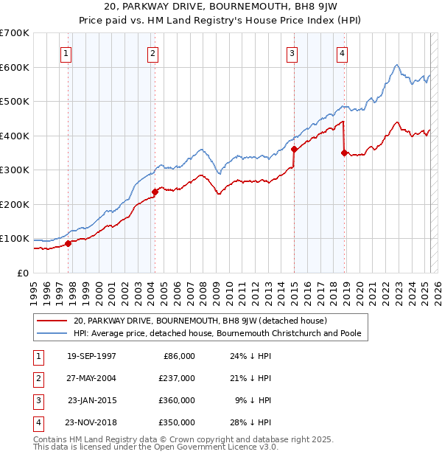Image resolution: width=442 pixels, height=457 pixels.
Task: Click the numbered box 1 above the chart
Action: tap(66, 52)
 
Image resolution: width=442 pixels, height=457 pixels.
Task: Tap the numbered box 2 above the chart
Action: tap(152, 52)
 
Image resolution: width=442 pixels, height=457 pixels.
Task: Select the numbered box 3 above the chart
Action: tap(292, 52)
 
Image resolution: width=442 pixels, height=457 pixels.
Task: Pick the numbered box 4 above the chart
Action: tap(343, 52)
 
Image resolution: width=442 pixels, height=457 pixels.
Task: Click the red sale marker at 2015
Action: tap(294, 149)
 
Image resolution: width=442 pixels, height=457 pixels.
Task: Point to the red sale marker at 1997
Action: tap(68, 243)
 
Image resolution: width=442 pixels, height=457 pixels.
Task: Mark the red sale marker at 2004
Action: tap(155, 192)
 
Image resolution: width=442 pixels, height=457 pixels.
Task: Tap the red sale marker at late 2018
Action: tap(344, 153)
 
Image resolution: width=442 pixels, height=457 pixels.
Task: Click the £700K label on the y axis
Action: tap(15, 33)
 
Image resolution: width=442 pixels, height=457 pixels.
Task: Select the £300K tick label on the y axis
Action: tap(15, 170)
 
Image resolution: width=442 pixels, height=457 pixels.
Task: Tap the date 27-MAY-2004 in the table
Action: tap(91, 378)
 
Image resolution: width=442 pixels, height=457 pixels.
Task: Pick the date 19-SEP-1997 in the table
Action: tap(91, 356)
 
